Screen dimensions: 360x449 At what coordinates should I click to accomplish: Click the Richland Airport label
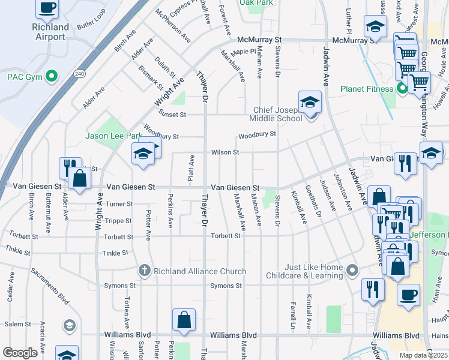(x=49, y=32)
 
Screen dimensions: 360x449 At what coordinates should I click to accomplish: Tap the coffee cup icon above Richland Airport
(x=47, y=8)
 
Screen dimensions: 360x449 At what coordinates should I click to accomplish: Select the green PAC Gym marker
(x=52, y=76)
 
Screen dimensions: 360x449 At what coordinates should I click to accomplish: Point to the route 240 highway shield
(x=79, y=73)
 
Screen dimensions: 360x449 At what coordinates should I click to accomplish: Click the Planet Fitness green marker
(x=402, y=89)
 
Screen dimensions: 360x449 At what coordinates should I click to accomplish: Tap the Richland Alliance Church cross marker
(x=144, y=270)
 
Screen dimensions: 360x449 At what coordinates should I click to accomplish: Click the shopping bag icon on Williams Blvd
(x=184, y=321)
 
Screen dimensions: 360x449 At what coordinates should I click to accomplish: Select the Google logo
(x=20, y=353)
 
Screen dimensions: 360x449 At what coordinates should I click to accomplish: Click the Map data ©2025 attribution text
(x=423, y=355)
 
